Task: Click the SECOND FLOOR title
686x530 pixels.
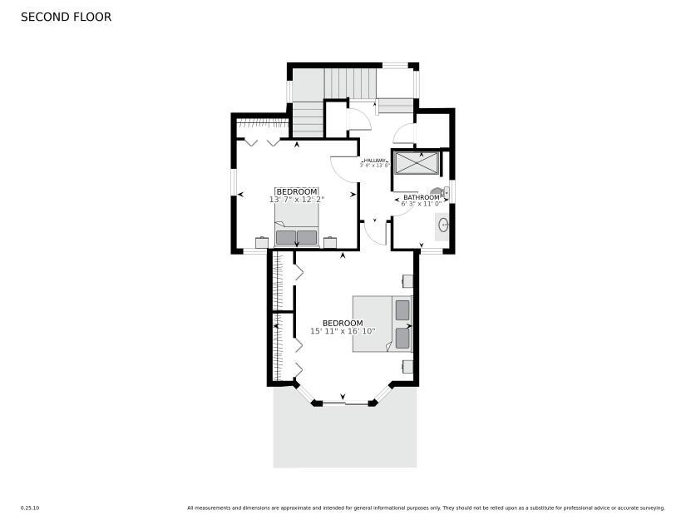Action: coord(66,17)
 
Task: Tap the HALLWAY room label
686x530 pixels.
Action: coord(374,160)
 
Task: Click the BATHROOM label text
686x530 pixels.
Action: coord(421,197)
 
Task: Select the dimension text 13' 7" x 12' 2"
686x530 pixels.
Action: coord(297,200)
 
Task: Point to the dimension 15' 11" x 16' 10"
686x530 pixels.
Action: coord(343,331)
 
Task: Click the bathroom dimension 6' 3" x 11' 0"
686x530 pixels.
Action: coord(421,204)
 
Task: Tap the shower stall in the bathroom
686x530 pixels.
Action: coord(417,162)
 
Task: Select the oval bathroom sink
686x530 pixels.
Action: coord(443,225)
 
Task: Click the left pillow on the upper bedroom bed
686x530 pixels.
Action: coord(285,238)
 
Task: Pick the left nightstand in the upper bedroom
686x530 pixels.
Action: coord(262,243)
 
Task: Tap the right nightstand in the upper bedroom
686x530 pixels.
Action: coord(330,243)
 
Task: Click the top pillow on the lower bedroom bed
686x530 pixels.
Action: coord(402,310)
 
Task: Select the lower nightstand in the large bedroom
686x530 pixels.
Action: coord(407,366)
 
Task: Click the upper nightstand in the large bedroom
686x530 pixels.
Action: coord(407,281)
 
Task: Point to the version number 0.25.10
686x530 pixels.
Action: coord(30,508)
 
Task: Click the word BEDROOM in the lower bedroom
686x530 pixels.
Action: coord(343,323)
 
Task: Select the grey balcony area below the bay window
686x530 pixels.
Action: coord(344,437)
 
